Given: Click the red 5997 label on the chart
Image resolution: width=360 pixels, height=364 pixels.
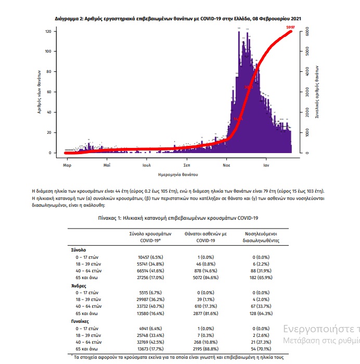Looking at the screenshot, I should (x=290, y=27).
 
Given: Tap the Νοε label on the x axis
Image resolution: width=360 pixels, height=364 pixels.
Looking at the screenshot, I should (x=226, y=165).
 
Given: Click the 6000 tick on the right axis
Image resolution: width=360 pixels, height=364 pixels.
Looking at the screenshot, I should (x=307, y=32).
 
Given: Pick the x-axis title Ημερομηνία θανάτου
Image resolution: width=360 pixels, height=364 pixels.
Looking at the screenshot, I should (x=179, y=173).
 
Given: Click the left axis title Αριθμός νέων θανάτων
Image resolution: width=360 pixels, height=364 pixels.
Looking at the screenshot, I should (x=40, y=93).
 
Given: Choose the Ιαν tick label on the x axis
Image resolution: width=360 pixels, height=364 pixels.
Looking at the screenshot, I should (x=265, y=165).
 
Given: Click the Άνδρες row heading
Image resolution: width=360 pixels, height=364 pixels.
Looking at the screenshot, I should (x=79, y=286).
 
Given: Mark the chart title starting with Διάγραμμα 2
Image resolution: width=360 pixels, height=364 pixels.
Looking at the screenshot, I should (x=178, y=19).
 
